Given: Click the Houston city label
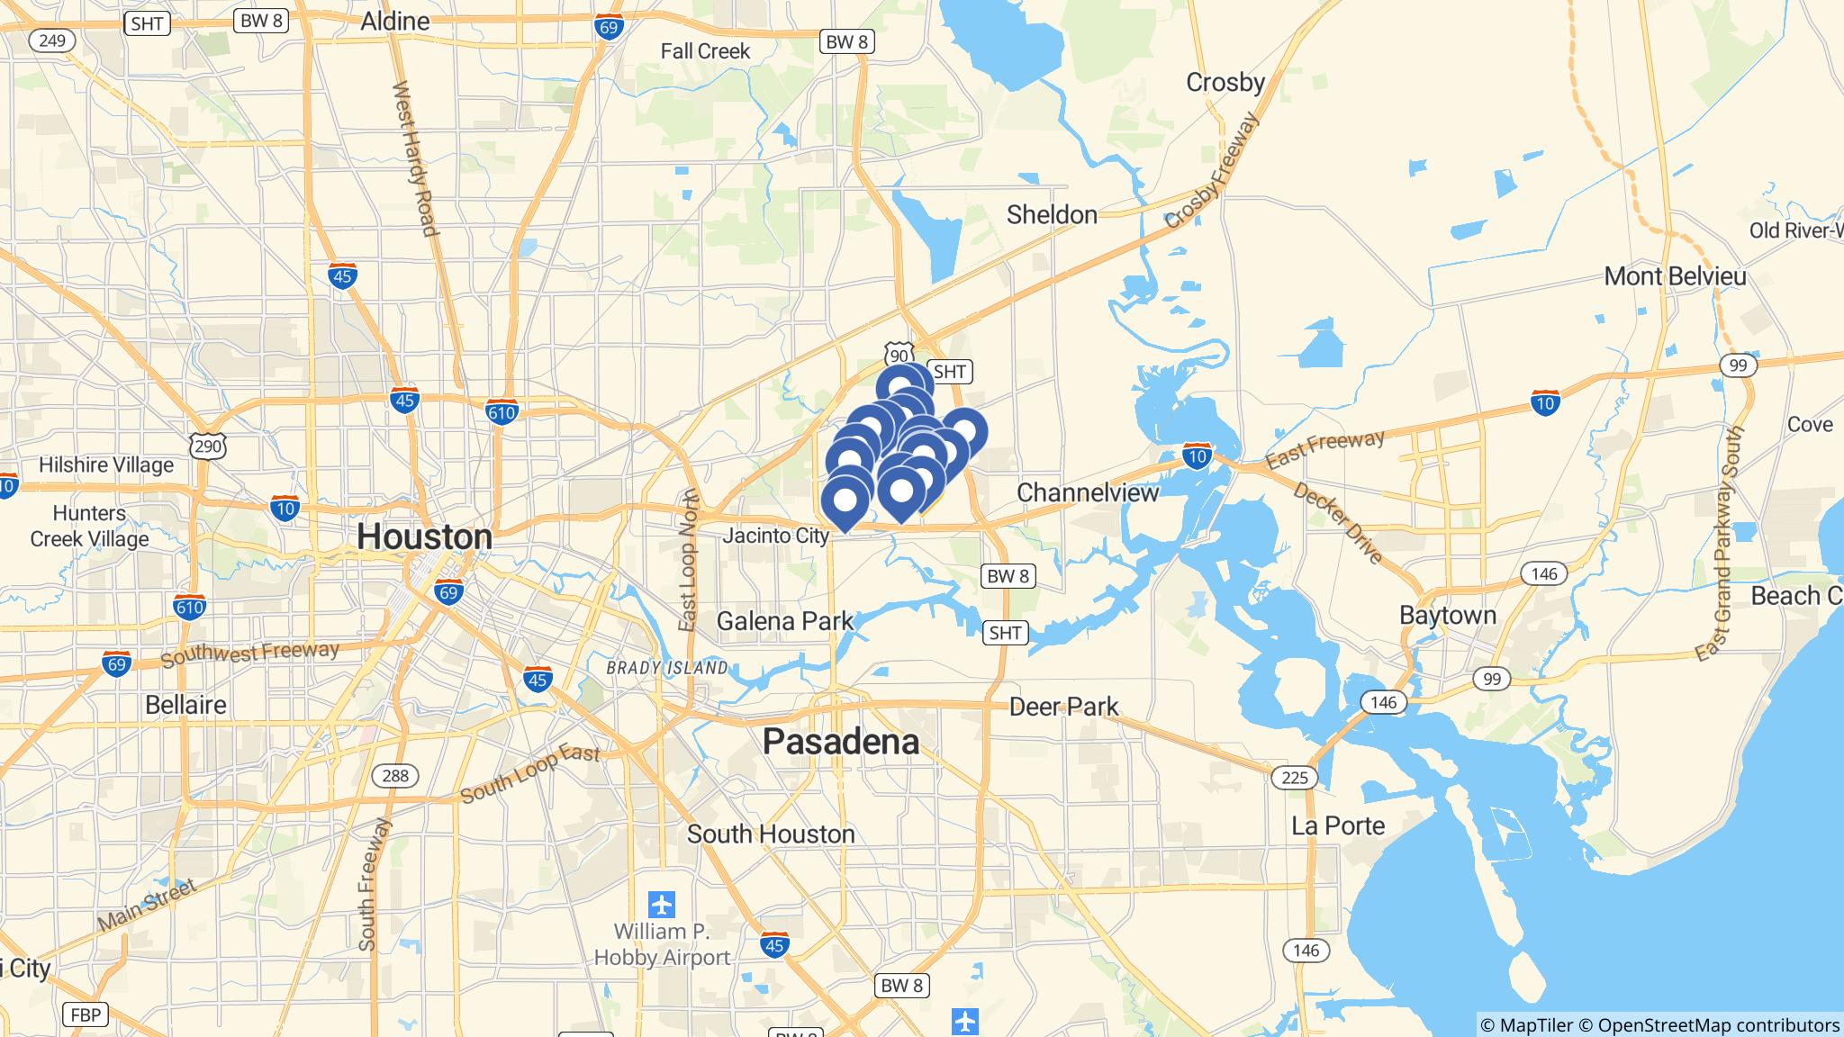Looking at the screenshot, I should click(x=424, y=537).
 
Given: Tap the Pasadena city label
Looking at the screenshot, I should click(x=841, y=742).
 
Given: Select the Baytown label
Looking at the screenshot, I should click(x=1448, y=616).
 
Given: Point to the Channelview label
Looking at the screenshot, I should click(x=1088, y=492).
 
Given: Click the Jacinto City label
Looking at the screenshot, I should click(x=776, y=537).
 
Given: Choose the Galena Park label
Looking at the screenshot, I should click(x=785, y=621).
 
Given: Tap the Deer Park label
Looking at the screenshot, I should click(x=1063, y=707).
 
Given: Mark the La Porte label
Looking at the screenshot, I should click(x=1338, y=825).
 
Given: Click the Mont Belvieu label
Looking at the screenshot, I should click(x=1675, y=276).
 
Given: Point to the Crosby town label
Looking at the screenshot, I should click(x=1225, y=83).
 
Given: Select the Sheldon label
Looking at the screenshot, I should click(x=1052, y=215).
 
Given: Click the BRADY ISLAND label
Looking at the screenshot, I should click(x=667, y=668).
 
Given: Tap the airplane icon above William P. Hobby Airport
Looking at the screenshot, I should click(x=662, y=902).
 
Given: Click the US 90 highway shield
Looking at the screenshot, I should click(x=899, y=353).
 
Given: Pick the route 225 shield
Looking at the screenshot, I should click(x=1294, y=777).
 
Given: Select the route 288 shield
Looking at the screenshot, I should click(x=395, y=775).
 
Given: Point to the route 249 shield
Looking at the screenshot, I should click(x=52, y=40).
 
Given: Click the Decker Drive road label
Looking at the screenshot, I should click(x=1338, y=523).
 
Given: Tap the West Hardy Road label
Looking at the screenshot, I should click(x=415, y=159).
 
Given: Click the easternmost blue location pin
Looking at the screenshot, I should click(x=963, y=433).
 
